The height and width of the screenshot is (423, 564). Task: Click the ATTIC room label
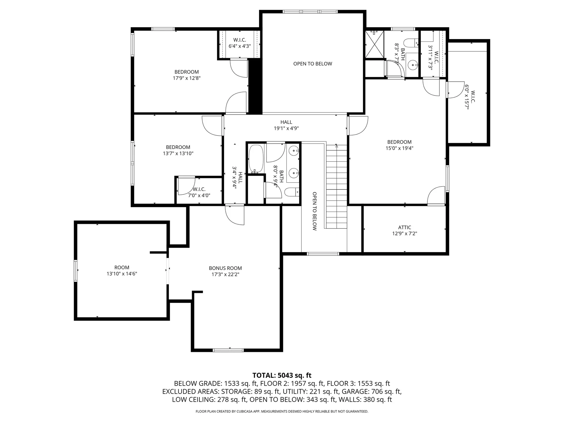coord(404,227)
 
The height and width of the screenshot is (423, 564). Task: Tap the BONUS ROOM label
coord(225,268)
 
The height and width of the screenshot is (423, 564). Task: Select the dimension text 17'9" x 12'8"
coord(187,78)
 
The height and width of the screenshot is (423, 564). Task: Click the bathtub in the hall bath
coord(256,159)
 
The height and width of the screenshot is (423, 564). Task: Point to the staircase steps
coord(336,188)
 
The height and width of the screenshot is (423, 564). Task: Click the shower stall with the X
coord(375,45)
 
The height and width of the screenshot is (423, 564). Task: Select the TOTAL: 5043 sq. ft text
coord(282,375)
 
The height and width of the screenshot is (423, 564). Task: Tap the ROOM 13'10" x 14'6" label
coord(122,271)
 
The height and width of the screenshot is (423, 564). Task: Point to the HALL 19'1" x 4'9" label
coord(286,125)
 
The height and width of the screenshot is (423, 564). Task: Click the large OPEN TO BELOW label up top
coord(313,64)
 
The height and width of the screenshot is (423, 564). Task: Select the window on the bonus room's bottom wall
coord(228,350)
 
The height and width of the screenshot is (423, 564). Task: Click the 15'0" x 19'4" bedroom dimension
coord(399,148)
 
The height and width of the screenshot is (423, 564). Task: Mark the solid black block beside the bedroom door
coord(255,87)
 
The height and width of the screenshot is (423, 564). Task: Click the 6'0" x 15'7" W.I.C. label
coord(469,97)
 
